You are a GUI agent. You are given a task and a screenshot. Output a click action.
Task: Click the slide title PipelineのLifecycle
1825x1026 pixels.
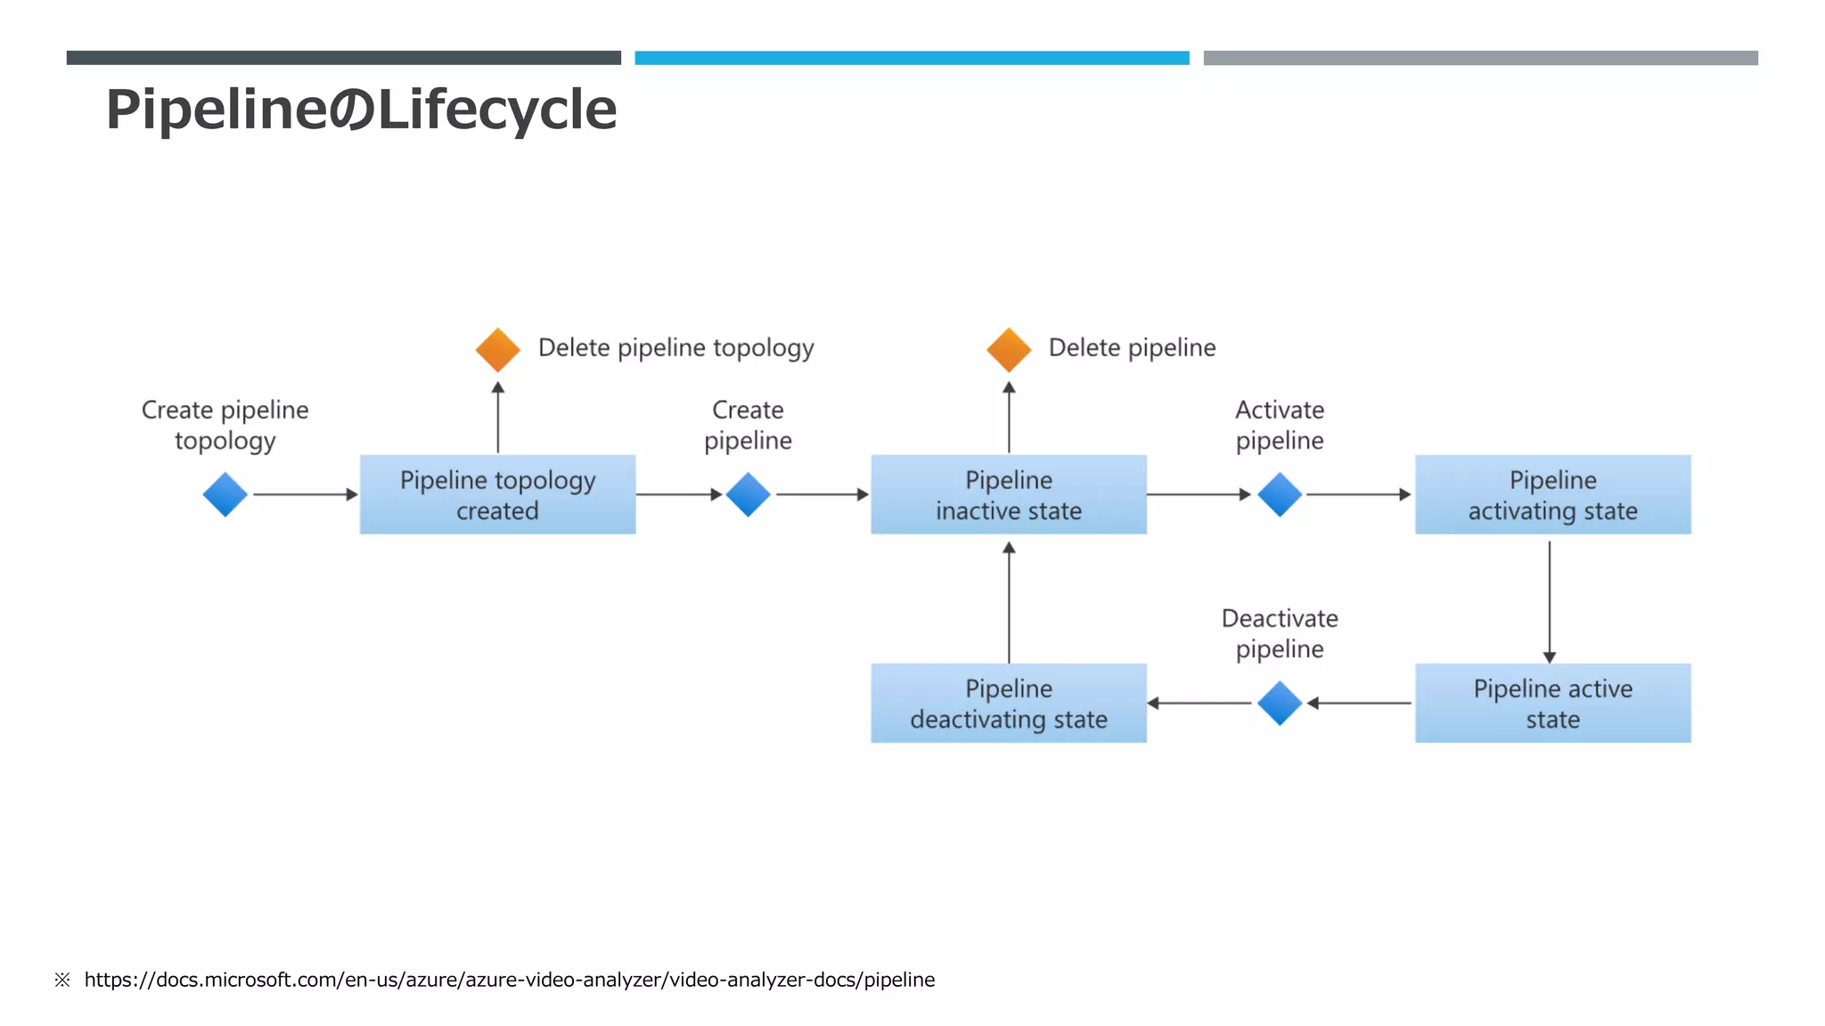pos(361,110)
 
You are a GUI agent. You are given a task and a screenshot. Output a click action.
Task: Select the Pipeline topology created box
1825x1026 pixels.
pos(497,494)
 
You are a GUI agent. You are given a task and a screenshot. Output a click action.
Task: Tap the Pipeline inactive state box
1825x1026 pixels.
pos(1008,494)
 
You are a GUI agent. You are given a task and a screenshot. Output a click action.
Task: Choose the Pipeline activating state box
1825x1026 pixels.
pos(1552,494)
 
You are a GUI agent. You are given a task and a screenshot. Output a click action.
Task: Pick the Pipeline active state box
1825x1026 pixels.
pos(1552,703)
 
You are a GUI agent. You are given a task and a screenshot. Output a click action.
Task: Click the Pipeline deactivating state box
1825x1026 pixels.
pos(1008,703)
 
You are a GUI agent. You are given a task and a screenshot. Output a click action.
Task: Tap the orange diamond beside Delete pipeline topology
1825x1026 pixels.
pos(497,349)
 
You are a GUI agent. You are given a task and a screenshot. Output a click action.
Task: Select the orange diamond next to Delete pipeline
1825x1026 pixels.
pos(1008,349)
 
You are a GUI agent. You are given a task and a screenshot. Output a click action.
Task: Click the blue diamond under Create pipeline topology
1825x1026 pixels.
pos(225,494)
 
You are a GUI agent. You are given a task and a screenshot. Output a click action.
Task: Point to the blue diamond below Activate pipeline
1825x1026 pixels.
pos(1280,494)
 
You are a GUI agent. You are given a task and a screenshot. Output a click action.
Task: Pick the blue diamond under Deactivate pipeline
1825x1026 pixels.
pos(1280,703)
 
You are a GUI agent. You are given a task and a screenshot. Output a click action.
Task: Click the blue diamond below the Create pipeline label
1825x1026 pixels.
pos(748,494)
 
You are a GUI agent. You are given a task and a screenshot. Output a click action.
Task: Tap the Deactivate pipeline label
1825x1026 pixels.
pos(1280,633)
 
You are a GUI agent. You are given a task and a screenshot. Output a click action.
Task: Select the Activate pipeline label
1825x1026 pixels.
pos(1280,425)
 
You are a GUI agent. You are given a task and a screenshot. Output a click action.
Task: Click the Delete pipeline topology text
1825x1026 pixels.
pos(675,347)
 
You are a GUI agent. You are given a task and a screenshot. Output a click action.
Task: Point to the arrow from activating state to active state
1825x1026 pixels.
pos(1549,601)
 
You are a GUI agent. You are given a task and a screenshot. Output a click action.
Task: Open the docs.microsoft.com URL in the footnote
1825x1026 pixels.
pos(509,980)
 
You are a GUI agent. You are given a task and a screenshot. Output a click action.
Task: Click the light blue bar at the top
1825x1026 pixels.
pos(912,58)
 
